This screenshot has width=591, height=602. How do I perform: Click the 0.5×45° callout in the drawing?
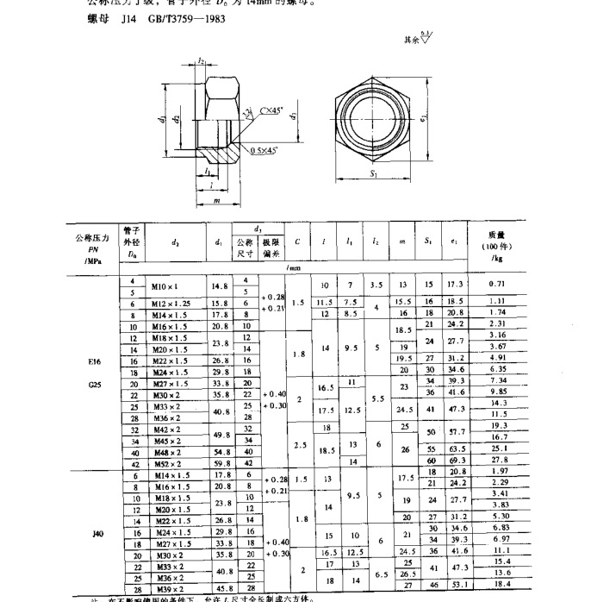[269, 150]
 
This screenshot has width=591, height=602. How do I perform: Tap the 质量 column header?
[497, 234]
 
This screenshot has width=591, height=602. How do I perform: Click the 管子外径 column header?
[133, 242]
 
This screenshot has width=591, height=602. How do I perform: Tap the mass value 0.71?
[496, 284]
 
